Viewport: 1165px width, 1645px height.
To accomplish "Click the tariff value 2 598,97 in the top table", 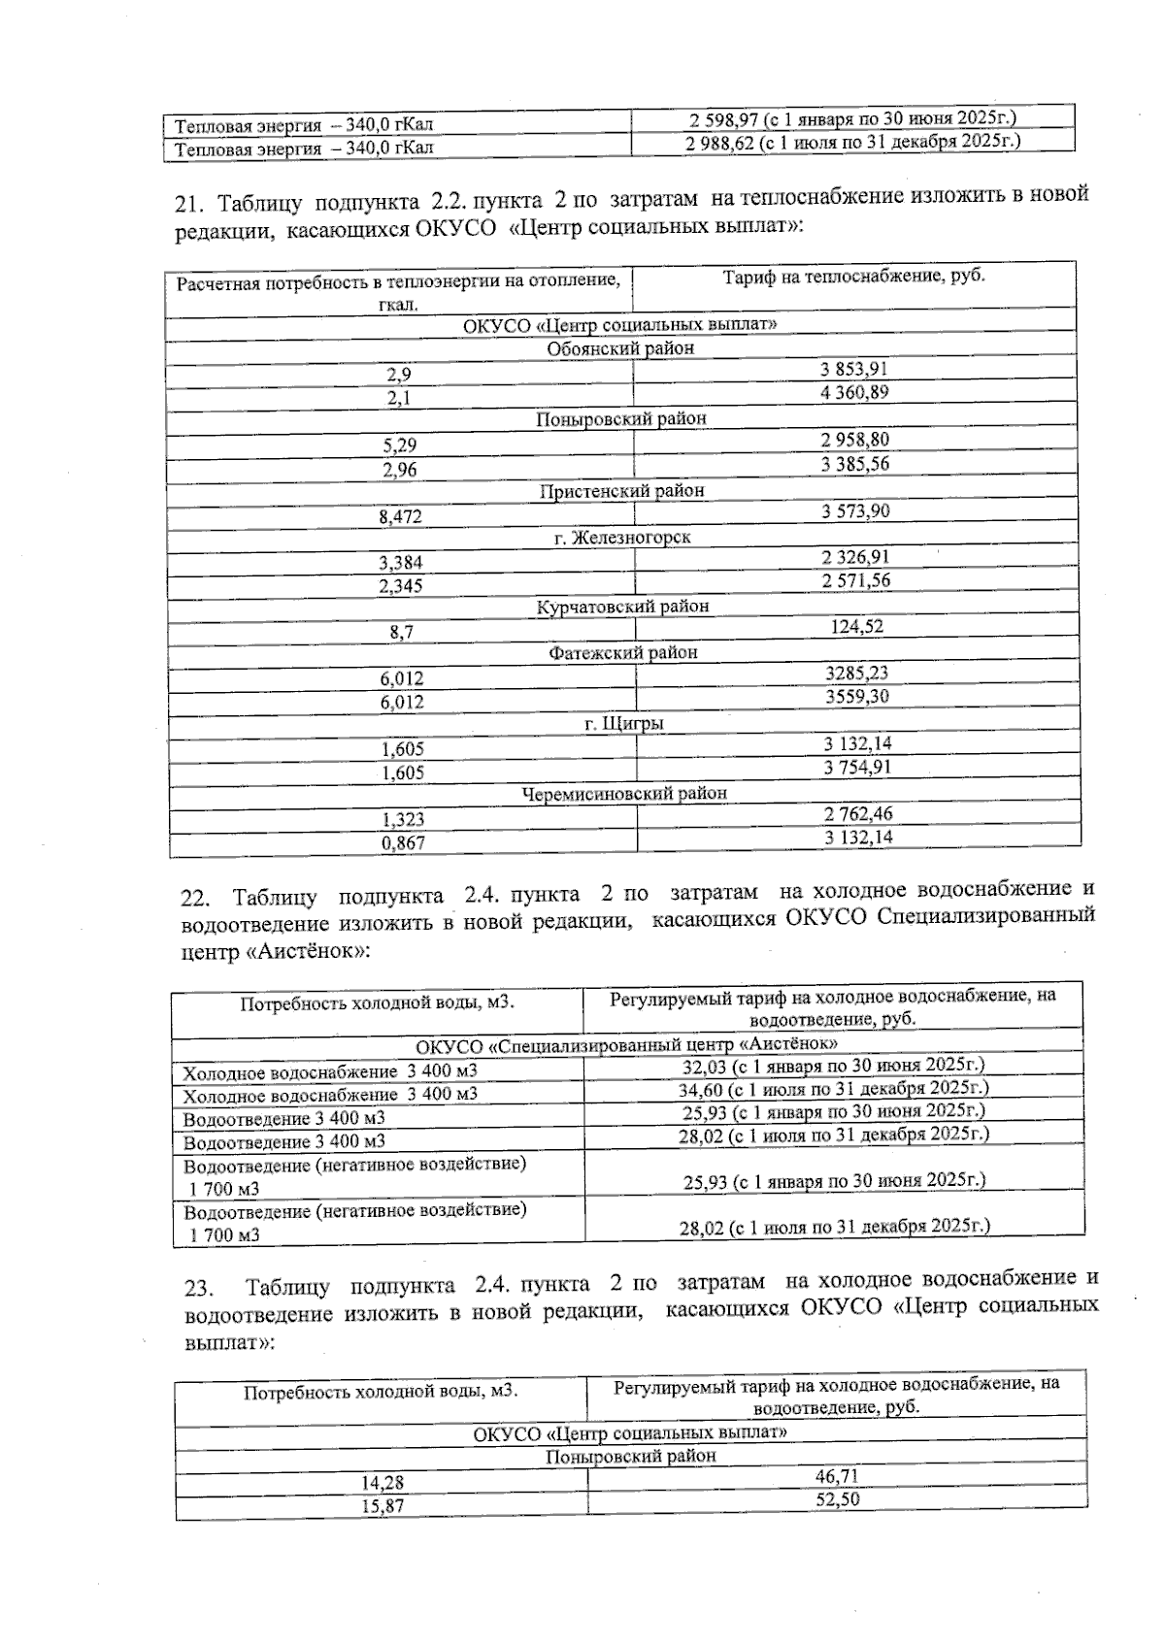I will coord(721,119).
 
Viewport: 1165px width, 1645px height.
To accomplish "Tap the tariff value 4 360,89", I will coord(854,393).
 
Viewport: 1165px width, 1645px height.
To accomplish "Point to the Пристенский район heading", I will coord(621,491).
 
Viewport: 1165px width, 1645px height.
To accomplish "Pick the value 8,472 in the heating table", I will coord(400,517).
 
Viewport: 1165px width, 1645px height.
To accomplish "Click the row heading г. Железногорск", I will coord(622,538).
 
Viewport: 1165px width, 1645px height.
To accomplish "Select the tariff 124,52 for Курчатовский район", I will coord(856,627).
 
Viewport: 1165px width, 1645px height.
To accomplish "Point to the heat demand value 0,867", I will coord(403,843).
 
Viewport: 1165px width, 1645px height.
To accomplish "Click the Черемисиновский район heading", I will coord(624,794).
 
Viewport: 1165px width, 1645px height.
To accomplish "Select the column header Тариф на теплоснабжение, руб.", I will coord(853,277).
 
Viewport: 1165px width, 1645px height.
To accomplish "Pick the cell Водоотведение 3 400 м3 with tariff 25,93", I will coord(283,1119).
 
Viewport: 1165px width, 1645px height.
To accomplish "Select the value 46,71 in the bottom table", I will coord(837,1476).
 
